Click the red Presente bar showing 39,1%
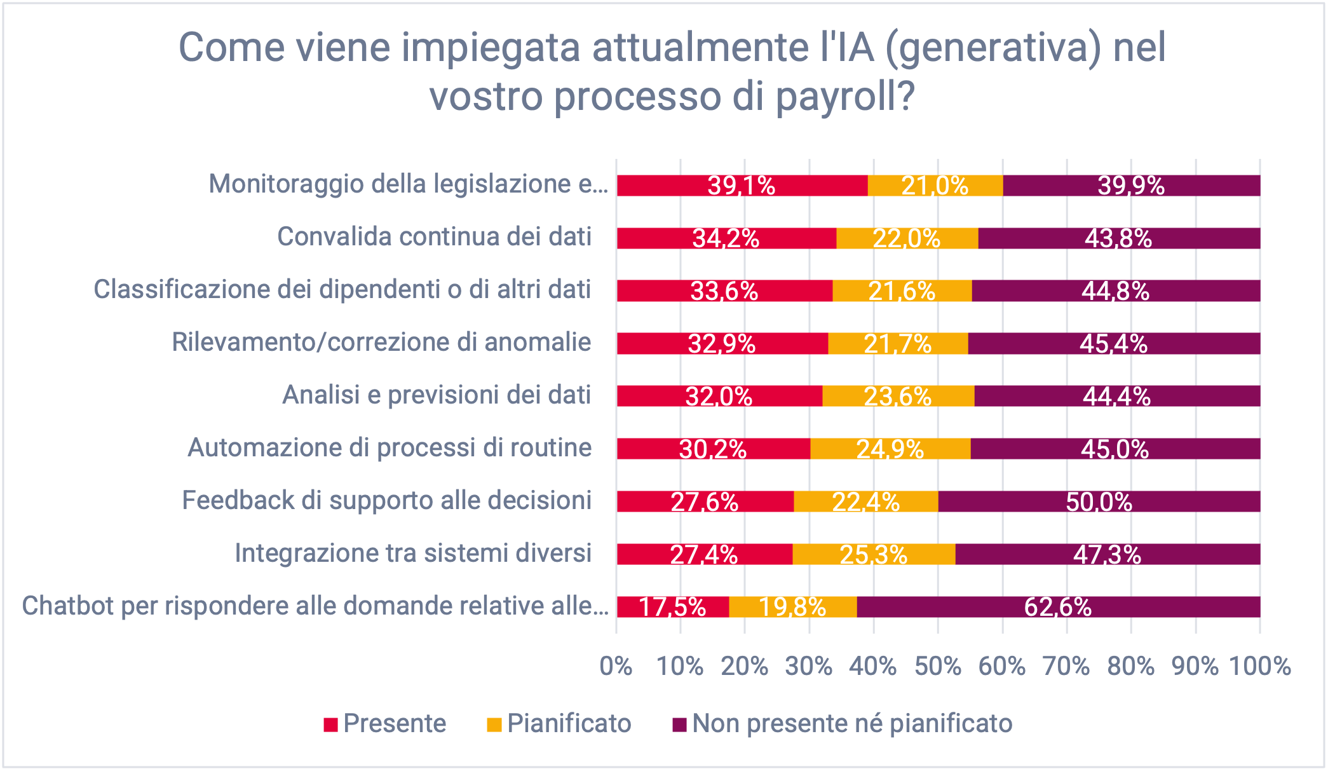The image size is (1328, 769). [742, 186]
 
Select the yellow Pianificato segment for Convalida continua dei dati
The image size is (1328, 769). [907, 238]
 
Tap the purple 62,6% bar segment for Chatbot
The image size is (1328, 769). [1058, 607]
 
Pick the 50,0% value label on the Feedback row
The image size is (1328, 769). [1099, 502]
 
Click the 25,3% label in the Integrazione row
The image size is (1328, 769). [874, 555]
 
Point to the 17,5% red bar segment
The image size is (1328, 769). [672, 607]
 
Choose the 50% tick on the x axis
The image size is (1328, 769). [938, 666]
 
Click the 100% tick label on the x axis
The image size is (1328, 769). [1260, 666]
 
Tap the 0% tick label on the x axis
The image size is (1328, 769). [616, 666]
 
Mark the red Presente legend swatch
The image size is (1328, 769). [330, 725]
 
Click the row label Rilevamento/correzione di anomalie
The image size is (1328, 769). [381, 342]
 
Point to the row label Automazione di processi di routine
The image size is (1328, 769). [390, 447]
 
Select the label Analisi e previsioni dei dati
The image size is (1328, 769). [437, 395]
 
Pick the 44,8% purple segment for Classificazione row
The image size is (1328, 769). [1116, 291]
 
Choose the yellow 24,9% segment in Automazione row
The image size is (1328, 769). [890, 449]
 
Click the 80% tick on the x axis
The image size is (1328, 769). [1131, 666]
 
